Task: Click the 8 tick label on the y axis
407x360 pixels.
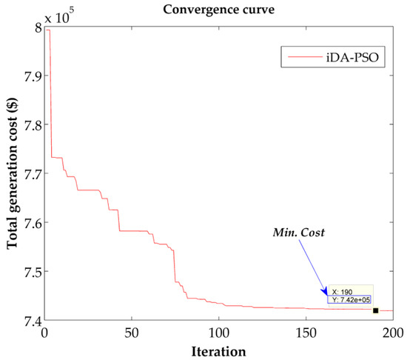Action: (x=36, y=28)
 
